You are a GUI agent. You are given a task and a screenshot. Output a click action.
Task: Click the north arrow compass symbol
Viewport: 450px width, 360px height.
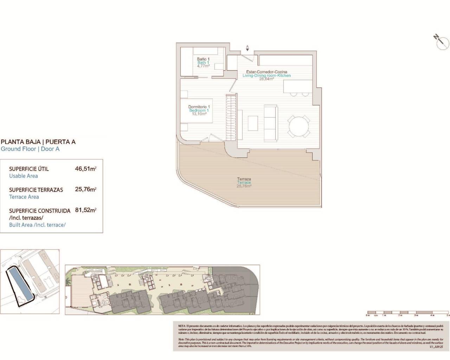coord(442,42)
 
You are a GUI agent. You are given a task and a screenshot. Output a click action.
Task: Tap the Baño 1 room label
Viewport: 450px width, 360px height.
coord(203,59)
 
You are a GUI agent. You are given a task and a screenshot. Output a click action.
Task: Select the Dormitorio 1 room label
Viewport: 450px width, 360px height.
coord(199,107)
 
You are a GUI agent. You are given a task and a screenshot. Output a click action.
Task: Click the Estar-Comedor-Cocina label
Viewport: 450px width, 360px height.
coord(266,72)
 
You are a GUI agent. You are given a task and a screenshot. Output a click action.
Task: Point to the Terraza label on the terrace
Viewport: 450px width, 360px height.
coord(244,179)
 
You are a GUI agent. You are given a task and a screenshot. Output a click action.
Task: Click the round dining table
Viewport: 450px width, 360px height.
coord(299,126)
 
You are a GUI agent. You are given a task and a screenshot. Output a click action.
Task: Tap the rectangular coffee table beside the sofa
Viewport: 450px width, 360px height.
coord(253,123)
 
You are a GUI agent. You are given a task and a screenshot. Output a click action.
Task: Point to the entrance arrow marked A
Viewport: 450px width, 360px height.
coord(247,48)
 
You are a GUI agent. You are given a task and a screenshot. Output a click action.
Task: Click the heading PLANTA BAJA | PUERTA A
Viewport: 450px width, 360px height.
coord(38,142)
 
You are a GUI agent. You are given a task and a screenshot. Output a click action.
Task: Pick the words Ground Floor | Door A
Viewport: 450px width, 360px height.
coord(30,149)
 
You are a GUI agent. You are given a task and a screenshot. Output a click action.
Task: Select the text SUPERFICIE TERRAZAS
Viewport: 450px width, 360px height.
coord(36,190)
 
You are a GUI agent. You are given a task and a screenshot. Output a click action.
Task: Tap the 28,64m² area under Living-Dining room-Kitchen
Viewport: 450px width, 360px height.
coord(266,79)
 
